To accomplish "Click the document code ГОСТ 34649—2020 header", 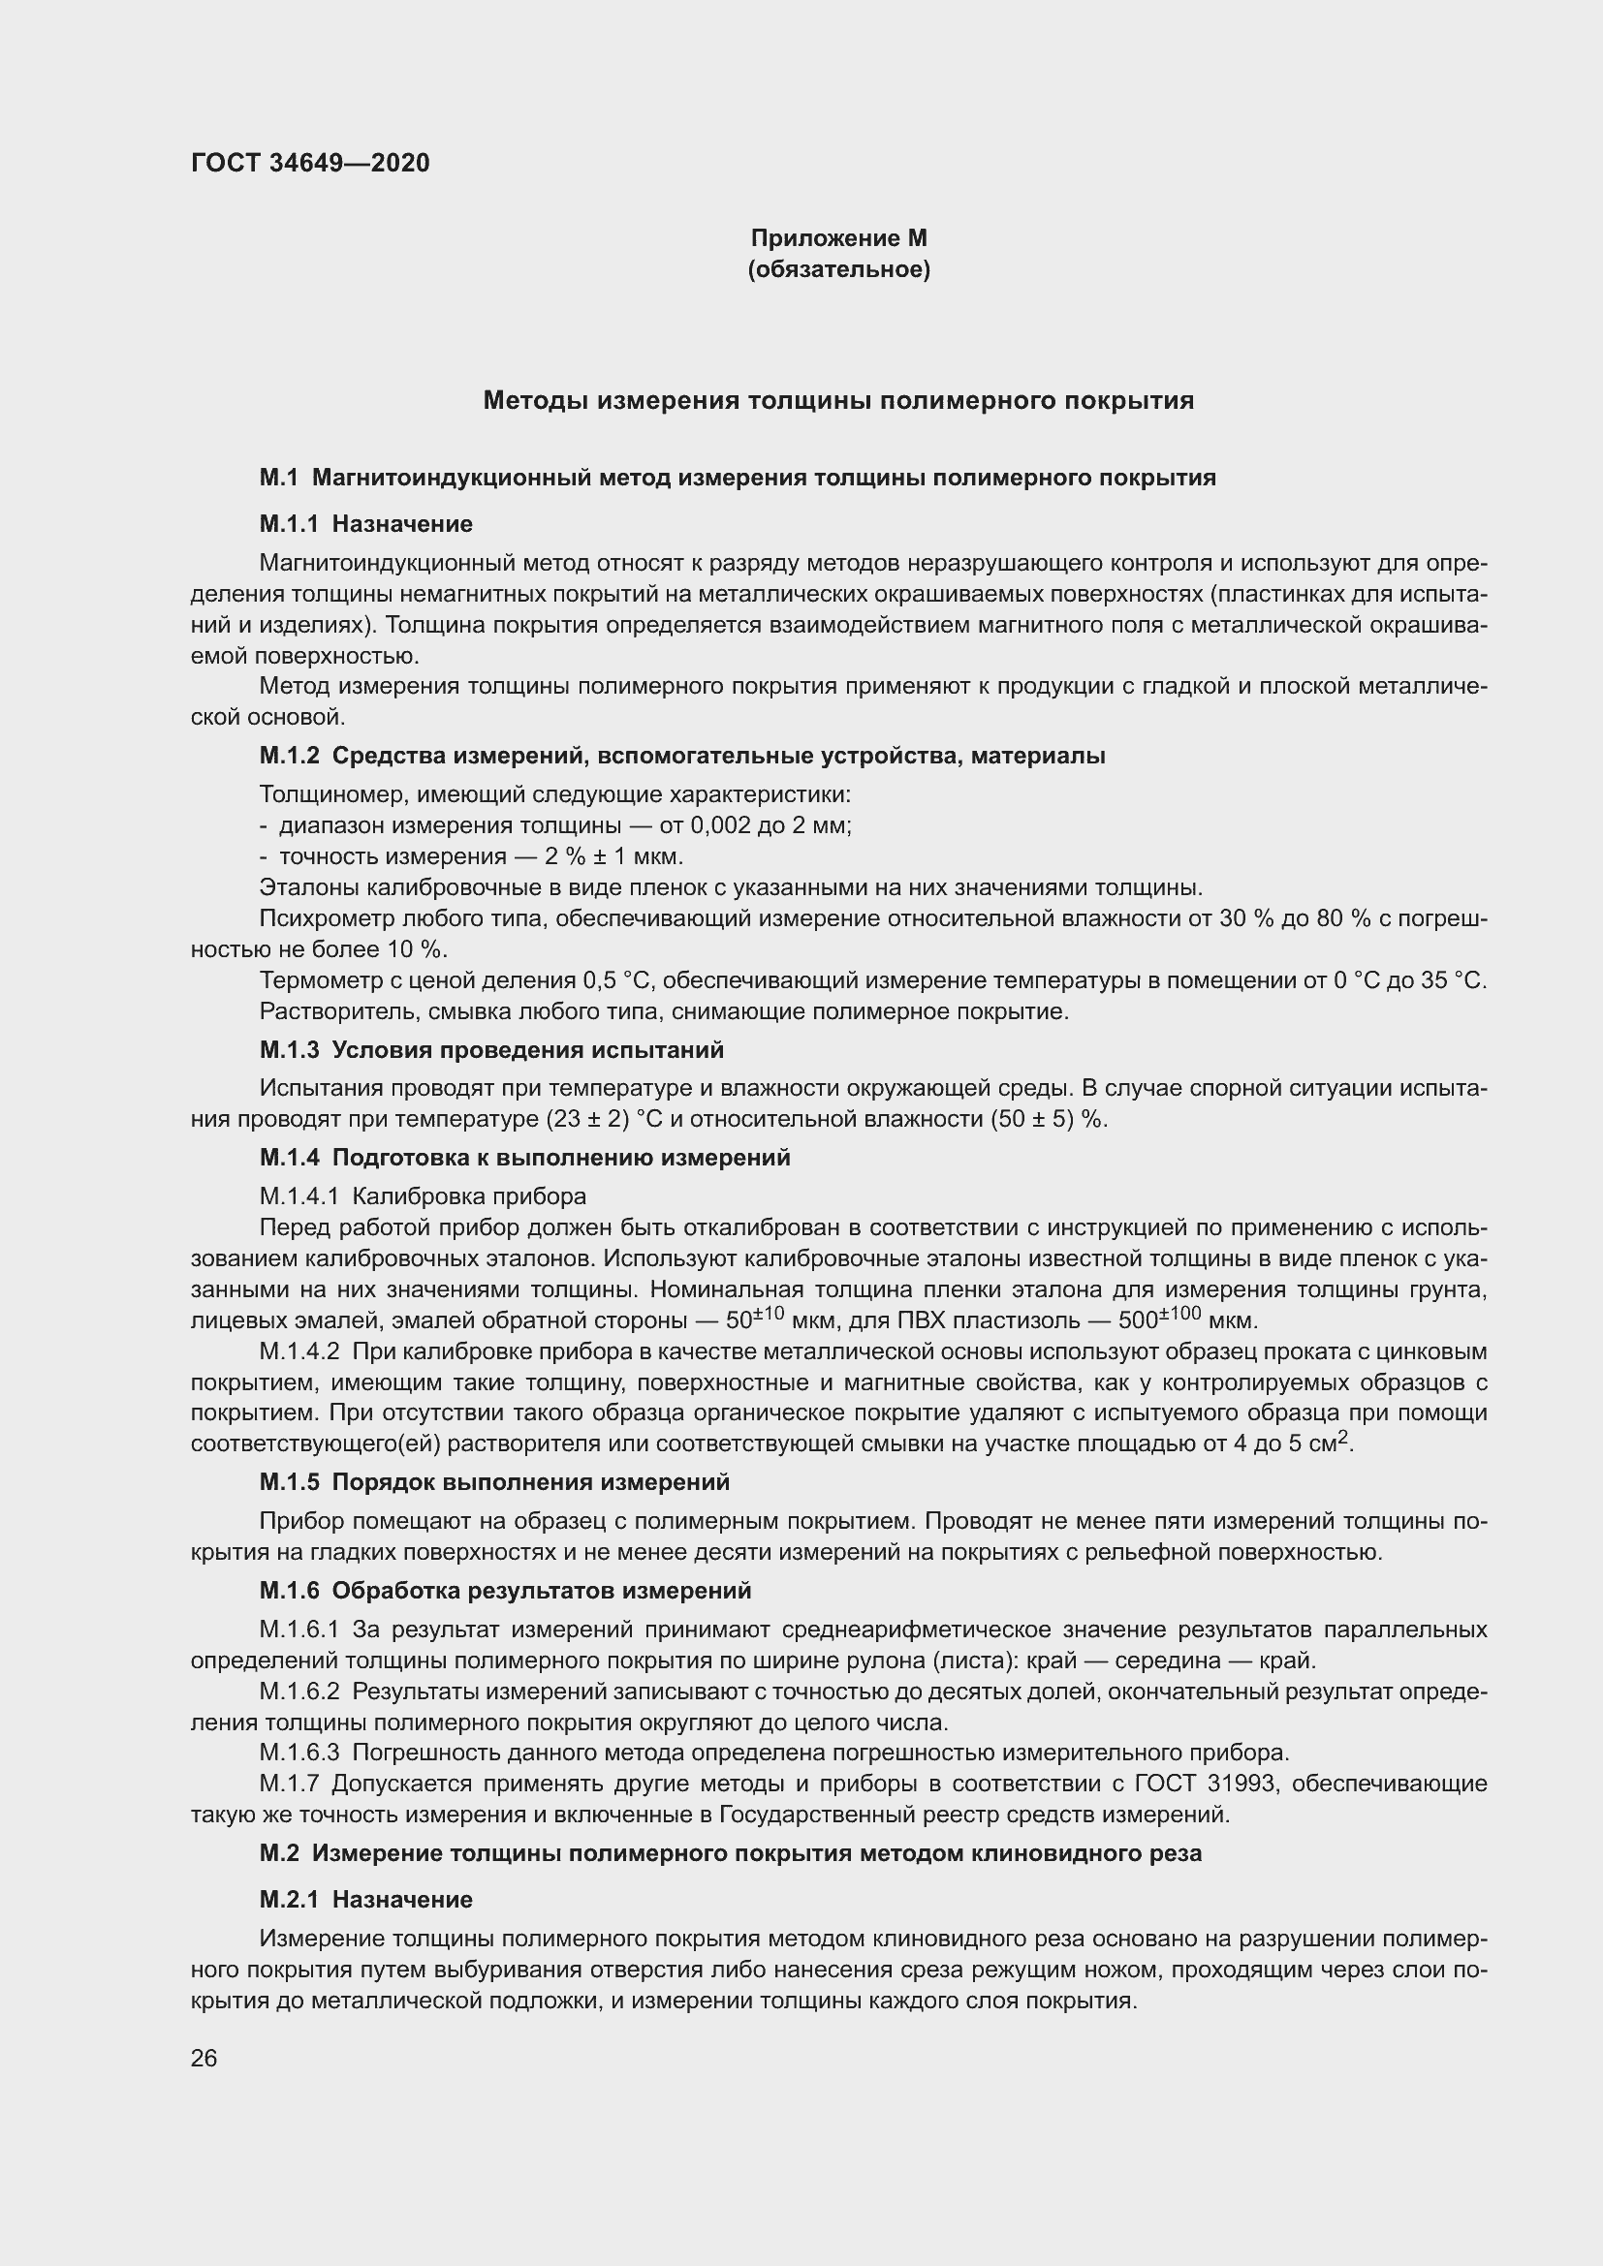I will coord(310,163).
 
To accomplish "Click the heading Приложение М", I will coord(838,238).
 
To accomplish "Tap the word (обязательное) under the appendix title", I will coord(838,269).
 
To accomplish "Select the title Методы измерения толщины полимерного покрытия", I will coord(838,401).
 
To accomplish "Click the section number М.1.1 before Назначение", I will coord(288,524).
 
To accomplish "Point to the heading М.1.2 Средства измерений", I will coord(681,756).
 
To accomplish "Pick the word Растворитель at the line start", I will coord(328,1010).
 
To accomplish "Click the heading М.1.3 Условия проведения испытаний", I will coord(490,1049).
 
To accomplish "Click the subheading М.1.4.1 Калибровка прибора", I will coord(423,1196).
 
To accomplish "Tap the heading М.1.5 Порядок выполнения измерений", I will coord(493,1482).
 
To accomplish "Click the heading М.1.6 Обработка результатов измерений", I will coord(504,1591).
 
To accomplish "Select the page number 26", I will coord(204,2059).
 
